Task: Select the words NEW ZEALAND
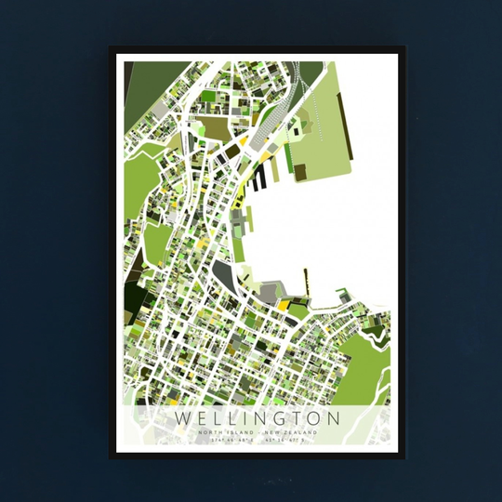click(291, 433)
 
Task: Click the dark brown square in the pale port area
click(300, 171)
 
